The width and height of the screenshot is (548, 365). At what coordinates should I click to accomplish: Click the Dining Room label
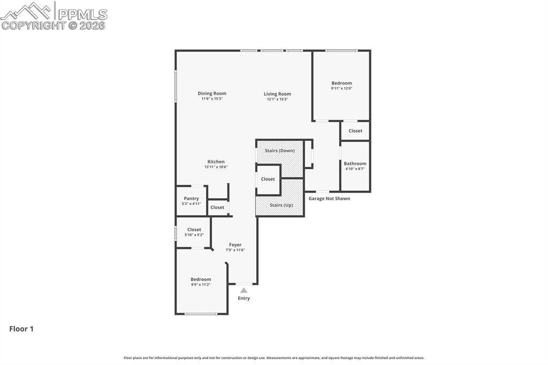212,94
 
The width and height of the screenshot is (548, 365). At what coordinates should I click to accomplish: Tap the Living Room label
277,94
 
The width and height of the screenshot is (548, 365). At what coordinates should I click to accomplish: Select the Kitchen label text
216,162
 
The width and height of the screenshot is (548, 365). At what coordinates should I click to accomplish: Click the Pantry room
192,201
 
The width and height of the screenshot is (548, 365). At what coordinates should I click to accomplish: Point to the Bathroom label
355,164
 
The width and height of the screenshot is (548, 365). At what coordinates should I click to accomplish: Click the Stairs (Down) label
279,151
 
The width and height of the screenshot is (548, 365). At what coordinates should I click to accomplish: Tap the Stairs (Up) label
281,206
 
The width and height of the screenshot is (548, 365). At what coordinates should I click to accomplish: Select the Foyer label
235,245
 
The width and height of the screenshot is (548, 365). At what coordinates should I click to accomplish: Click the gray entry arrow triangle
243,290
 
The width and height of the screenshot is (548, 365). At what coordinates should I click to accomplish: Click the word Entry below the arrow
243,299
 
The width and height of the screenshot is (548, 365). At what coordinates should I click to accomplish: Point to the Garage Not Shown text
329,199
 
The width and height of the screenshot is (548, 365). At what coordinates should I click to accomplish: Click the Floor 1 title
21,329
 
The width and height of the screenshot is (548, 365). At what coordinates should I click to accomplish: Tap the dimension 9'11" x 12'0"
341,88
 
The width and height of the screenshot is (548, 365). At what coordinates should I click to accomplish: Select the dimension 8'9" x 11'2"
201,285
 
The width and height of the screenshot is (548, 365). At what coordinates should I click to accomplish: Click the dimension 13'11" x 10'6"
216,167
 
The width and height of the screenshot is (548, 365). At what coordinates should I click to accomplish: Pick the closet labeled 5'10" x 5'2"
194,232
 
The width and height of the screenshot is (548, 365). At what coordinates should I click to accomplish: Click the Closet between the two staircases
268,179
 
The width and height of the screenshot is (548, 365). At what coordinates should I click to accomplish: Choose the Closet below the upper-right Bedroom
355,131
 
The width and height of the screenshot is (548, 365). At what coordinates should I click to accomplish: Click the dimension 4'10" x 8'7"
355,169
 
